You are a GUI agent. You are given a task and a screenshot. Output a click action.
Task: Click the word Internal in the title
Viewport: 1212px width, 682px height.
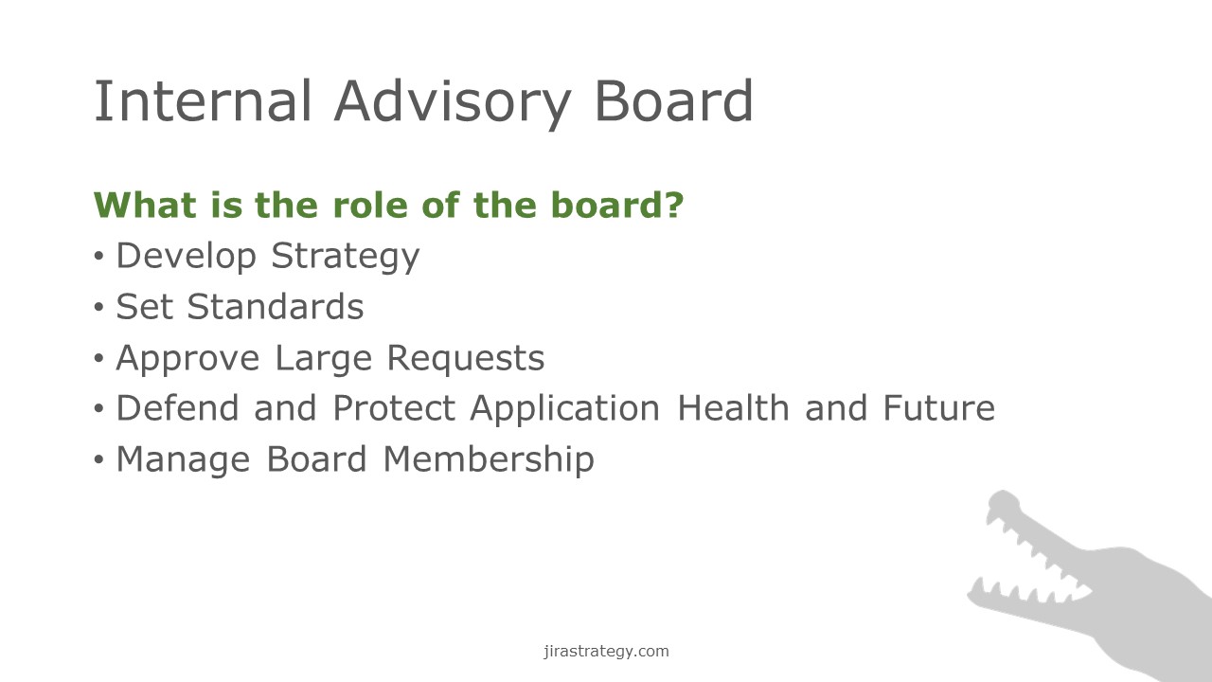(x=203, y=100)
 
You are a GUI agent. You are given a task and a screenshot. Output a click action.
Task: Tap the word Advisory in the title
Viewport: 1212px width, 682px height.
(x=453, y=104)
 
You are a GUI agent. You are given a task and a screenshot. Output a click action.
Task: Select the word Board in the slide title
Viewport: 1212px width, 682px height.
(x=673, y=100)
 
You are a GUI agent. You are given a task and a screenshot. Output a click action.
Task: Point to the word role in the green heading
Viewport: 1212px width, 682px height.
(x=370, y=205)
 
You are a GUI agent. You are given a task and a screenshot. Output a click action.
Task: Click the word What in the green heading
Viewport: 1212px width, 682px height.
(x=145, y=205)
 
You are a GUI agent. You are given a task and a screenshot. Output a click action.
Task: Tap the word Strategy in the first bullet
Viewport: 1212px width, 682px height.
(x=346, y=256)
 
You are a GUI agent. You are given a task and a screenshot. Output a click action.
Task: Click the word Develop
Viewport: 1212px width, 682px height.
(x=187, y=256)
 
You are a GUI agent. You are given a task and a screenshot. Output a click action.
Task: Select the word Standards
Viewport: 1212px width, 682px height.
(x=276, y=306)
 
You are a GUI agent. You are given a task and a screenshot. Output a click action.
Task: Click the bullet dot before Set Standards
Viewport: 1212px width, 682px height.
(x=98, y=307)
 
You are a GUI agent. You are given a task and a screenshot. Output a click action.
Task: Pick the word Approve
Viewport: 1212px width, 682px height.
(x=187, y=358)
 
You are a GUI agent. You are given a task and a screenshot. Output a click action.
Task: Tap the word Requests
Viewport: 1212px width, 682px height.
(x=466, y=358)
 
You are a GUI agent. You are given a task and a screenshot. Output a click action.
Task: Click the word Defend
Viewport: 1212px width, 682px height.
(x=177, y=407)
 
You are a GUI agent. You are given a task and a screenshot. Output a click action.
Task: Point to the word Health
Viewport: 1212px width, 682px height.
(x=733, y=407)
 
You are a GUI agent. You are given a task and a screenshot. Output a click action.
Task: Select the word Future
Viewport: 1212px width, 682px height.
(x=938, y=407)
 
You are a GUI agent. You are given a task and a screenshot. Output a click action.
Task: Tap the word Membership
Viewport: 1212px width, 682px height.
(x=489, y=459)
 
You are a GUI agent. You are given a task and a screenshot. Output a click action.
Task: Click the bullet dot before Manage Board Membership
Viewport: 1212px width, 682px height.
(x=98, y=459)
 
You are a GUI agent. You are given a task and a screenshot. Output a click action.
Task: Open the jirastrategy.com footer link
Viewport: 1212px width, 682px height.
(x=606, y=651)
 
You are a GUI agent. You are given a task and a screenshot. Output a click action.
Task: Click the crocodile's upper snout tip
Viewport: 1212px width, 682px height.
(x=1002, y=494)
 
